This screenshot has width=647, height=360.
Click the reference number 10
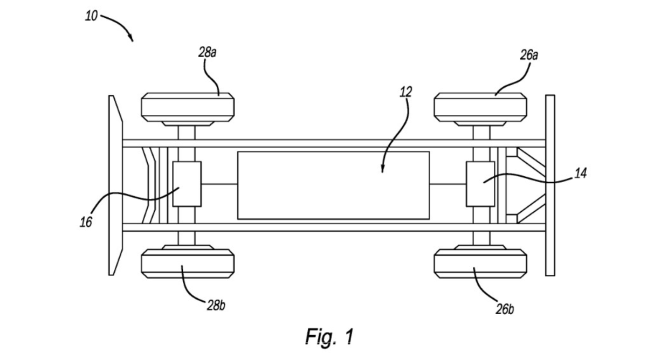coord(91,16)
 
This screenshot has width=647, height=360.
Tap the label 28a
coord(208,52)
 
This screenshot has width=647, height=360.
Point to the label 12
coord(405,92)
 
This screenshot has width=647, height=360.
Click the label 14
coord(580,174)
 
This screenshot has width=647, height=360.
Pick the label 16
coord(86,222)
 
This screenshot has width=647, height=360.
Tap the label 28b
coord(216,306)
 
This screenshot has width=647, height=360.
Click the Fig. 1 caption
coord(329,337)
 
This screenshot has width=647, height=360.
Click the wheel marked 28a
coord(187,106)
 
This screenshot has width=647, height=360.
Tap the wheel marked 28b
coord(187,264)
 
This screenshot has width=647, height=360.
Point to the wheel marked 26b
coord(480,264)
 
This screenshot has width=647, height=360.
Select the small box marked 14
coord(480,183)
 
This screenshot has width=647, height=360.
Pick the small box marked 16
coord(187,184)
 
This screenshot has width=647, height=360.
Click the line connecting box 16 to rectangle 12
coord(219,184)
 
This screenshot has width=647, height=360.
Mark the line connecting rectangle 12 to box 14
coord(448,184)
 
